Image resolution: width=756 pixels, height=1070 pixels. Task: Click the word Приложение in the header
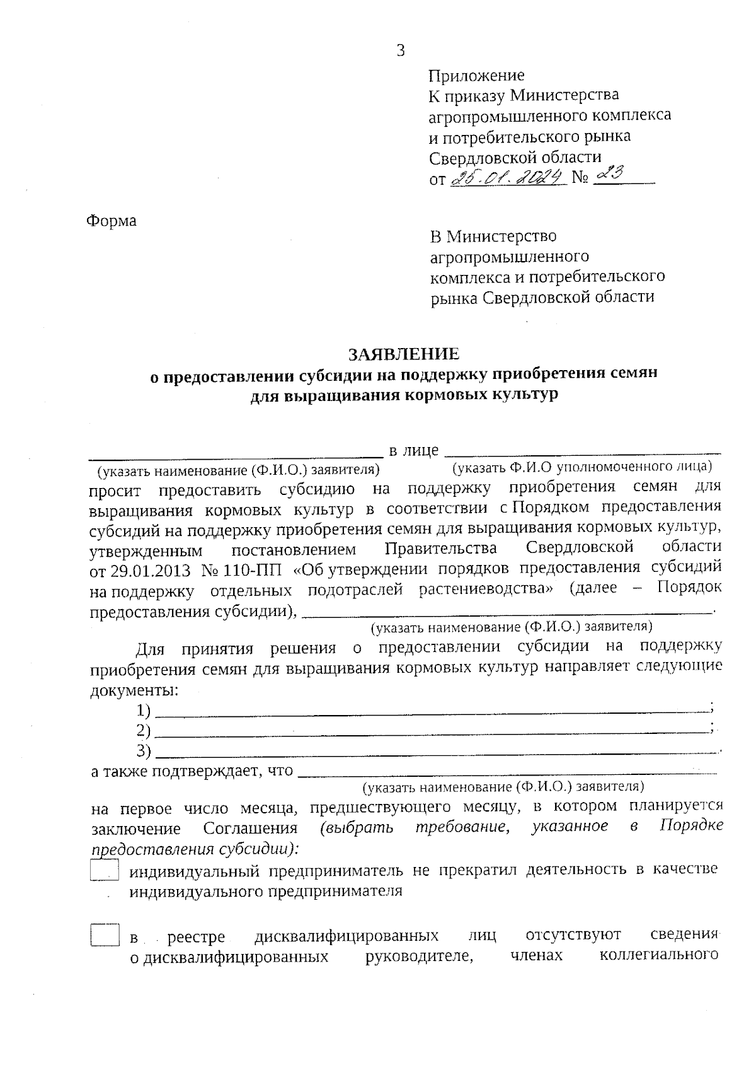tap(476, 76)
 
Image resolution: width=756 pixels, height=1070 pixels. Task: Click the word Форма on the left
tap(111, 221)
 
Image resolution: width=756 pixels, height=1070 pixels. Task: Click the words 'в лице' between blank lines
tap(414, 450)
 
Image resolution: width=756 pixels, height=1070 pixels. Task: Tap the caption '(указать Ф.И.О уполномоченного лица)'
tap(582, 467)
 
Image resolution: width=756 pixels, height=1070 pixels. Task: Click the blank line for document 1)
tap(432, 713)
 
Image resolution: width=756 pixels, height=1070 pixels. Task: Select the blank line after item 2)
tap(432, 733)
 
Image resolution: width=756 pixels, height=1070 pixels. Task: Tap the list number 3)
tap(144, 751)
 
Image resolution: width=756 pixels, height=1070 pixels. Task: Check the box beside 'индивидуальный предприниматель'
tap(105, 871)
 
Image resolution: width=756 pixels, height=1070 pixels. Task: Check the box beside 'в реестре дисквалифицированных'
tap(105, 935)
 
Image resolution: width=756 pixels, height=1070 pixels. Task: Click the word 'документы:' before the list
tap(134, 690)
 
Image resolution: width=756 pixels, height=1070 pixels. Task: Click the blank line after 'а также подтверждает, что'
tap(507, 772)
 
